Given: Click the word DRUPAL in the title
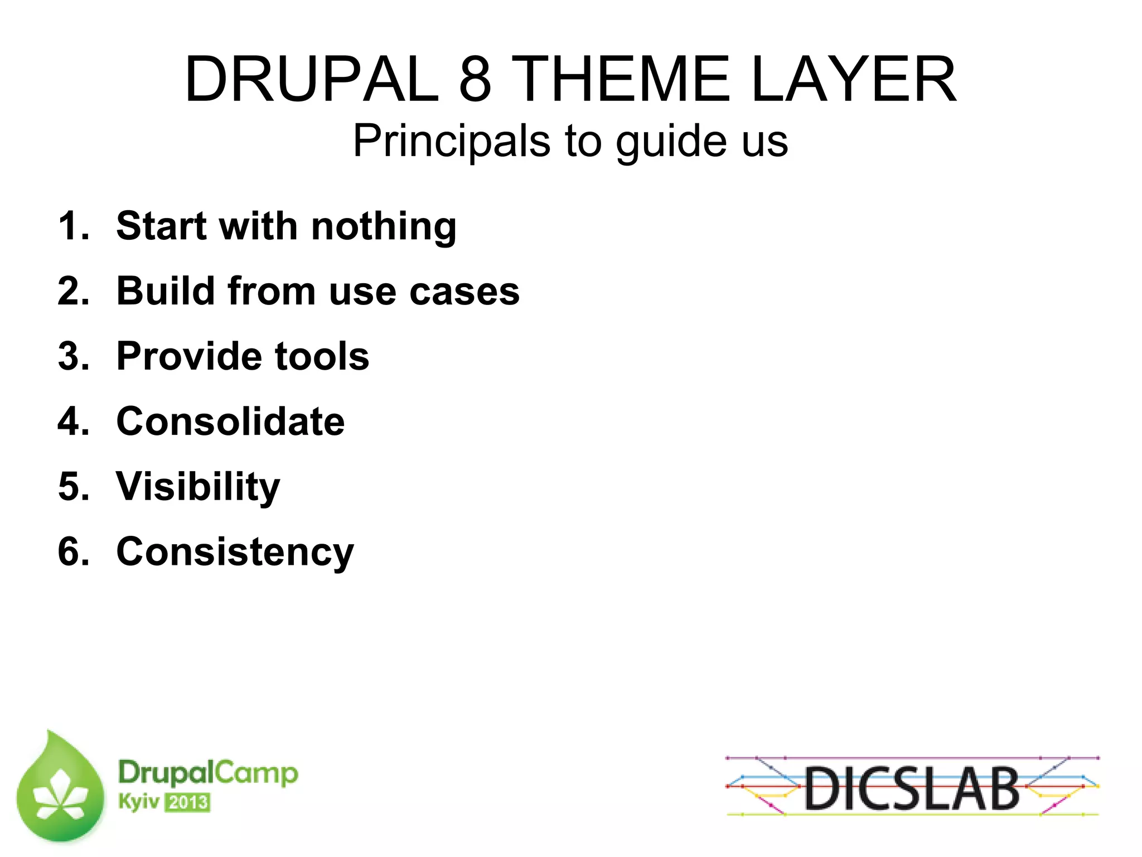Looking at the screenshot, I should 311,79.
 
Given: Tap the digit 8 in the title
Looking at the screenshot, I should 475,79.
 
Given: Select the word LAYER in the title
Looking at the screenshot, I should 854,79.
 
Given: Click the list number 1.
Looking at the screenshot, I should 72,226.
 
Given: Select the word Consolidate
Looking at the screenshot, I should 230,422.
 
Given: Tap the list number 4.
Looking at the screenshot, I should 73,422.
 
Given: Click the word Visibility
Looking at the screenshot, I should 198,487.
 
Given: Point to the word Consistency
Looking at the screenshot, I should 235,552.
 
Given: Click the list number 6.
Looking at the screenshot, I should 73,552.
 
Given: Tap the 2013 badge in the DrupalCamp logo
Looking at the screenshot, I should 188,802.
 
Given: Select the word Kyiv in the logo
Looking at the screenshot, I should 138,802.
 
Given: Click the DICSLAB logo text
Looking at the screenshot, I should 912,788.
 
